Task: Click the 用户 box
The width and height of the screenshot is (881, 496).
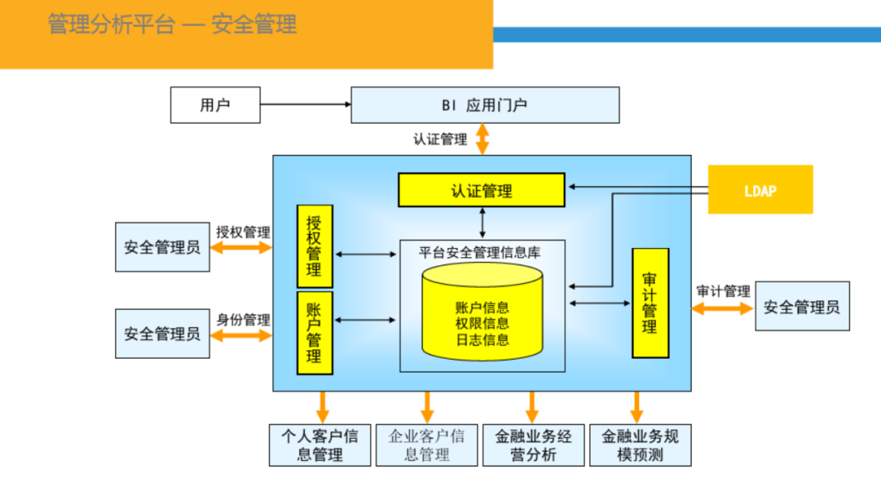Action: coord(215,105)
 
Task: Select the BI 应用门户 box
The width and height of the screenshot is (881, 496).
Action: coord(485,105)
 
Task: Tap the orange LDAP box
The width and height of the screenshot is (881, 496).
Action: coord(760,190)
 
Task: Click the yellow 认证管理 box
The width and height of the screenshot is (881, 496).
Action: coord(481,190)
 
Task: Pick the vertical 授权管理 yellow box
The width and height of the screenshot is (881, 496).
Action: coord(314,246)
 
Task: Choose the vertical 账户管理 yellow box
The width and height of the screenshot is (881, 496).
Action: coord(314,333)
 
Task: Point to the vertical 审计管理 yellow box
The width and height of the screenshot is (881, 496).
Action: coord(650,303)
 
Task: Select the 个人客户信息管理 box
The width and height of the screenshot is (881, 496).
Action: coord(320,445)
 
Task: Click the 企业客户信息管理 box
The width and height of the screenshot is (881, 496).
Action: coord(427,445)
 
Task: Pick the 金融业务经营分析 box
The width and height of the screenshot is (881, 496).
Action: coord(533,445)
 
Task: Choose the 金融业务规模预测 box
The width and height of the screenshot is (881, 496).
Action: coord(640,445)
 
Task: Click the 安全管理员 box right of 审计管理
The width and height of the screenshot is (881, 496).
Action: coord(802,307)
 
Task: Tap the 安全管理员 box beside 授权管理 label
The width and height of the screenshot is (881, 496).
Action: coord(162,246)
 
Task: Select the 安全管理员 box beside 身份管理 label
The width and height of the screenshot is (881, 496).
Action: coord(162,334)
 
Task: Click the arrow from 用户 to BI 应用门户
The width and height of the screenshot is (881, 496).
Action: coord(305,104)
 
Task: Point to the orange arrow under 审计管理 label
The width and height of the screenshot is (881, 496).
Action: coord(722,308)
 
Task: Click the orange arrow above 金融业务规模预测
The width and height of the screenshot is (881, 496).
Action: coord(636,406)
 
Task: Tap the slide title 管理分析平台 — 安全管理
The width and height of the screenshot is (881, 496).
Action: coord(172,24)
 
